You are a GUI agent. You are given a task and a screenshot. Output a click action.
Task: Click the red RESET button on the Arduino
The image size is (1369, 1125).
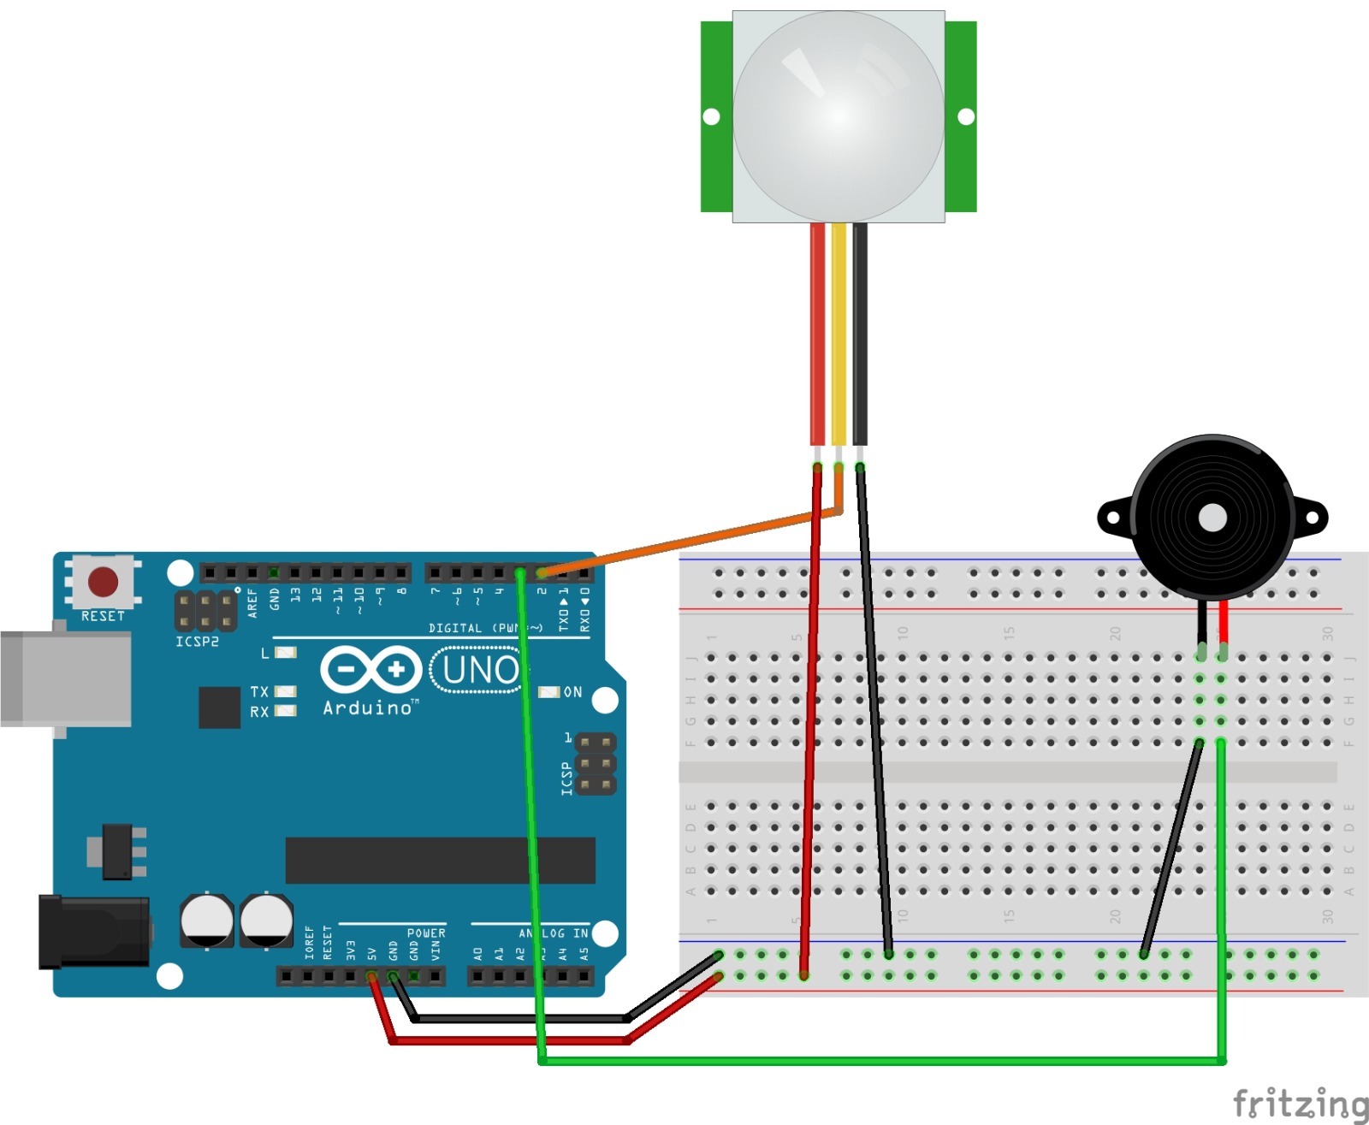104,582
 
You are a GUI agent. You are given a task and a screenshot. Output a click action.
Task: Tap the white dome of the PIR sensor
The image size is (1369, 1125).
839,115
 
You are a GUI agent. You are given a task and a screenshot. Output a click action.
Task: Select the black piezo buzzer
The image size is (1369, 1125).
1212,517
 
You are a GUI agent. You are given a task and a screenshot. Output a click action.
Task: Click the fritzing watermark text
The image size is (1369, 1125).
1299,1104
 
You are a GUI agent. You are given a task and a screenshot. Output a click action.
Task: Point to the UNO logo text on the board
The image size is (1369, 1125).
480,670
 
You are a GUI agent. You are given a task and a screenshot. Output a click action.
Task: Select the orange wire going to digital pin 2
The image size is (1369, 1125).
684,542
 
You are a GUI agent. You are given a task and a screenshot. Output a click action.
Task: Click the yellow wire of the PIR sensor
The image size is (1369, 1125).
839,334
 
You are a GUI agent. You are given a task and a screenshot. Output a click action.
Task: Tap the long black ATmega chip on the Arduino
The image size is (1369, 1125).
440,860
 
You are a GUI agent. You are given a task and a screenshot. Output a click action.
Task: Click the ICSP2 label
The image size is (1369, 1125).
198,642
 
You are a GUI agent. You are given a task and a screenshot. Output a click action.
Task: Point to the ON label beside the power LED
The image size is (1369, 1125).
572,692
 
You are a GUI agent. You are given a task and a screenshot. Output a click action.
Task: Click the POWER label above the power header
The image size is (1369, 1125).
426,933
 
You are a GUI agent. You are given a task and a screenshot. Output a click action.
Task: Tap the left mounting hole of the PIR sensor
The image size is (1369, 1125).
711,116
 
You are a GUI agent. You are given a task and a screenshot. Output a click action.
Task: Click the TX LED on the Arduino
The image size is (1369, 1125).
285,691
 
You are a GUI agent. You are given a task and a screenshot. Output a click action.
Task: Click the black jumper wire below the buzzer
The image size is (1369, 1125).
1172,847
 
